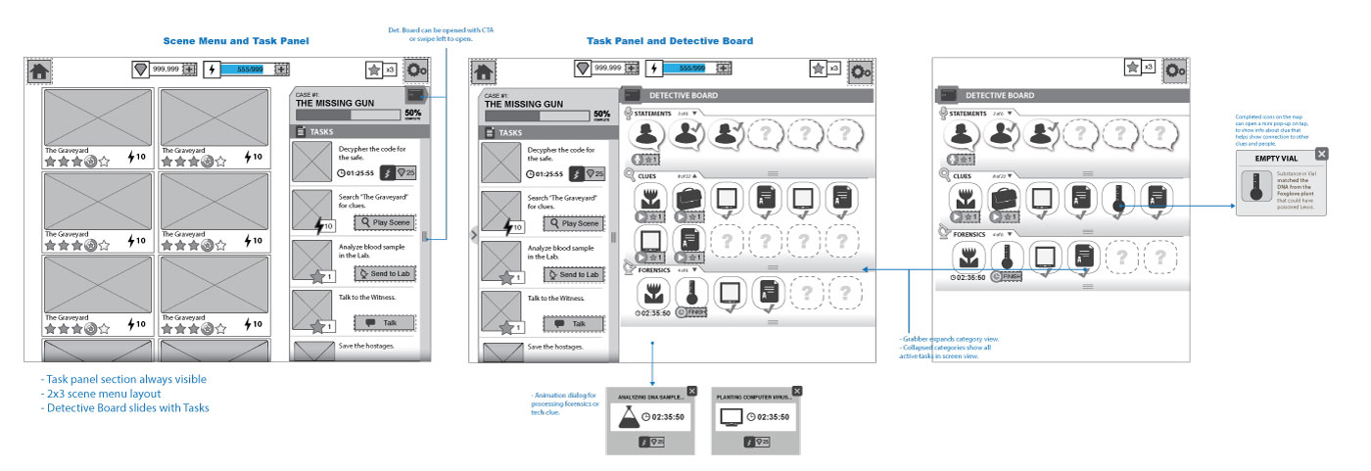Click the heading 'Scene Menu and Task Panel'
pos(236,41)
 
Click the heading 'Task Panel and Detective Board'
pos(670,41)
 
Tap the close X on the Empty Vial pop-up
pos(1322,154)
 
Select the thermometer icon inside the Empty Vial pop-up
pos(1255,187)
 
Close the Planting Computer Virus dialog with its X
pos(796,391)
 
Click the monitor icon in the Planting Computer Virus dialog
pos(731,418)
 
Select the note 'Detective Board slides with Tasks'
pos(126,408)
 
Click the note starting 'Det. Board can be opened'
pos(428,34)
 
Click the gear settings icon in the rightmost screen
pos(1174,69)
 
